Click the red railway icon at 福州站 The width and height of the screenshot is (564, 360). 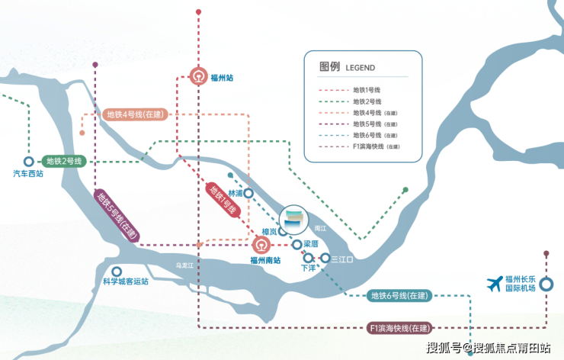[199, 76]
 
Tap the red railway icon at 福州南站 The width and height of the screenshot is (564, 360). [261, 245]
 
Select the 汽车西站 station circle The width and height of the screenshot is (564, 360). [29, 161]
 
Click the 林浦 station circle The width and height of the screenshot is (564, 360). [248, 193]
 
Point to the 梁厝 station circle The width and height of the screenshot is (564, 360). [296, 245]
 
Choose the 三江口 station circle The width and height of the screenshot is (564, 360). [325, 258]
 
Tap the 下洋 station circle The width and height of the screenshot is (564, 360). [308, 258]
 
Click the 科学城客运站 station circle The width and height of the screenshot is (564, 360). [117, 272]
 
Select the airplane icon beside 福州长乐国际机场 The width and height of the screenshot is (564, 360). [495, 284]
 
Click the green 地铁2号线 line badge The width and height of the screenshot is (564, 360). [64, 161]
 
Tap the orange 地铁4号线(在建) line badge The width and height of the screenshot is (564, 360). [135, 114]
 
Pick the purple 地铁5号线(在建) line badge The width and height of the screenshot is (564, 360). [117, 216]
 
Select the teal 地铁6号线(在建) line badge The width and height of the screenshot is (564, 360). [399, 296]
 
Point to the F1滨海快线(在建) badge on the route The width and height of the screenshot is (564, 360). [400, 328]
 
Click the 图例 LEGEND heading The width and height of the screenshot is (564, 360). [347, 67]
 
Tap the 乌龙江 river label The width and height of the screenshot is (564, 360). [184, 265]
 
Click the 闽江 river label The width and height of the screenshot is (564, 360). [320, 228]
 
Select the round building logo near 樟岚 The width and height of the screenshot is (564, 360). [294, 220]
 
